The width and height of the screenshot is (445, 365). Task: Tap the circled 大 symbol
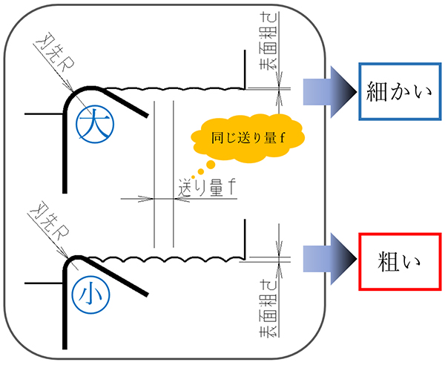(x=92, y=122)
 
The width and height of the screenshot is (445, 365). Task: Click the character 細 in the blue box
(x=377, y=91)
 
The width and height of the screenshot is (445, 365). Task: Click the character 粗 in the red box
(x=387, y=263)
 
